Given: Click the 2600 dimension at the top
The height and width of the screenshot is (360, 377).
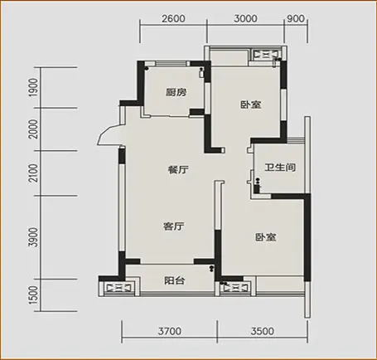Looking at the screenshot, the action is (x=173, y=18).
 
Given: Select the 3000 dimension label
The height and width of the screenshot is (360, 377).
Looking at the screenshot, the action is (x=245, y=18).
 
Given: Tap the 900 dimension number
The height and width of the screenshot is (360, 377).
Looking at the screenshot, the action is (x=296, y=18).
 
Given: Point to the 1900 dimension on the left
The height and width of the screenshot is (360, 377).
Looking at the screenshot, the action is (x=33, y=87).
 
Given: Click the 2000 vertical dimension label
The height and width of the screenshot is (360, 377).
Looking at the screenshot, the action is (x=33, y=129).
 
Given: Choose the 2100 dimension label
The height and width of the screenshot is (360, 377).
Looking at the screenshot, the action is (x=33, y=173).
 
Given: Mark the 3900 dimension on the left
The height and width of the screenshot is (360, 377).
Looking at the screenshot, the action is (x=33, y=237).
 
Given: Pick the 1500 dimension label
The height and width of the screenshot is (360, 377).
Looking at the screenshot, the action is (x=33, y=295).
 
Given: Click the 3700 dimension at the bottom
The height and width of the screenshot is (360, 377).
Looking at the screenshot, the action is (x=170, y=331).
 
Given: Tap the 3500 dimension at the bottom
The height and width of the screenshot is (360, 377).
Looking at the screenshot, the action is (x=263, y=331).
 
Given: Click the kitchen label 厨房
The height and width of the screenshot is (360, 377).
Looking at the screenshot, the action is (x=176, y=92).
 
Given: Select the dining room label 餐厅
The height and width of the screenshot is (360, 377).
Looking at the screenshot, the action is (x=178, y=169).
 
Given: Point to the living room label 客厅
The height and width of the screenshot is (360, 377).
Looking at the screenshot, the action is (x=173, y=226).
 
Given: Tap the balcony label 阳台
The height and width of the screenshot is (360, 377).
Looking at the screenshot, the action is (x=175, y=280).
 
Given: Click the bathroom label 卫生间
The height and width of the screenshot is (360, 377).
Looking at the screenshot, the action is (x=280, y=167).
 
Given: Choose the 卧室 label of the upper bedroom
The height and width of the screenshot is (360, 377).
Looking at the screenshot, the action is (x=251, y=105).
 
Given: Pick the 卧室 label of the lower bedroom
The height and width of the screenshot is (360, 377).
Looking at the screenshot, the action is (x=265, y=237).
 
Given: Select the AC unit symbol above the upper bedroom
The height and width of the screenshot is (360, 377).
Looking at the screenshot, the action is (x=266, y=55).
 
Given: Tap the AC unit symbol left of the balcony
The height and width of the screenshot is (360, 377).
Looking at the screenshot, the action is (x=118, y=288).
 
